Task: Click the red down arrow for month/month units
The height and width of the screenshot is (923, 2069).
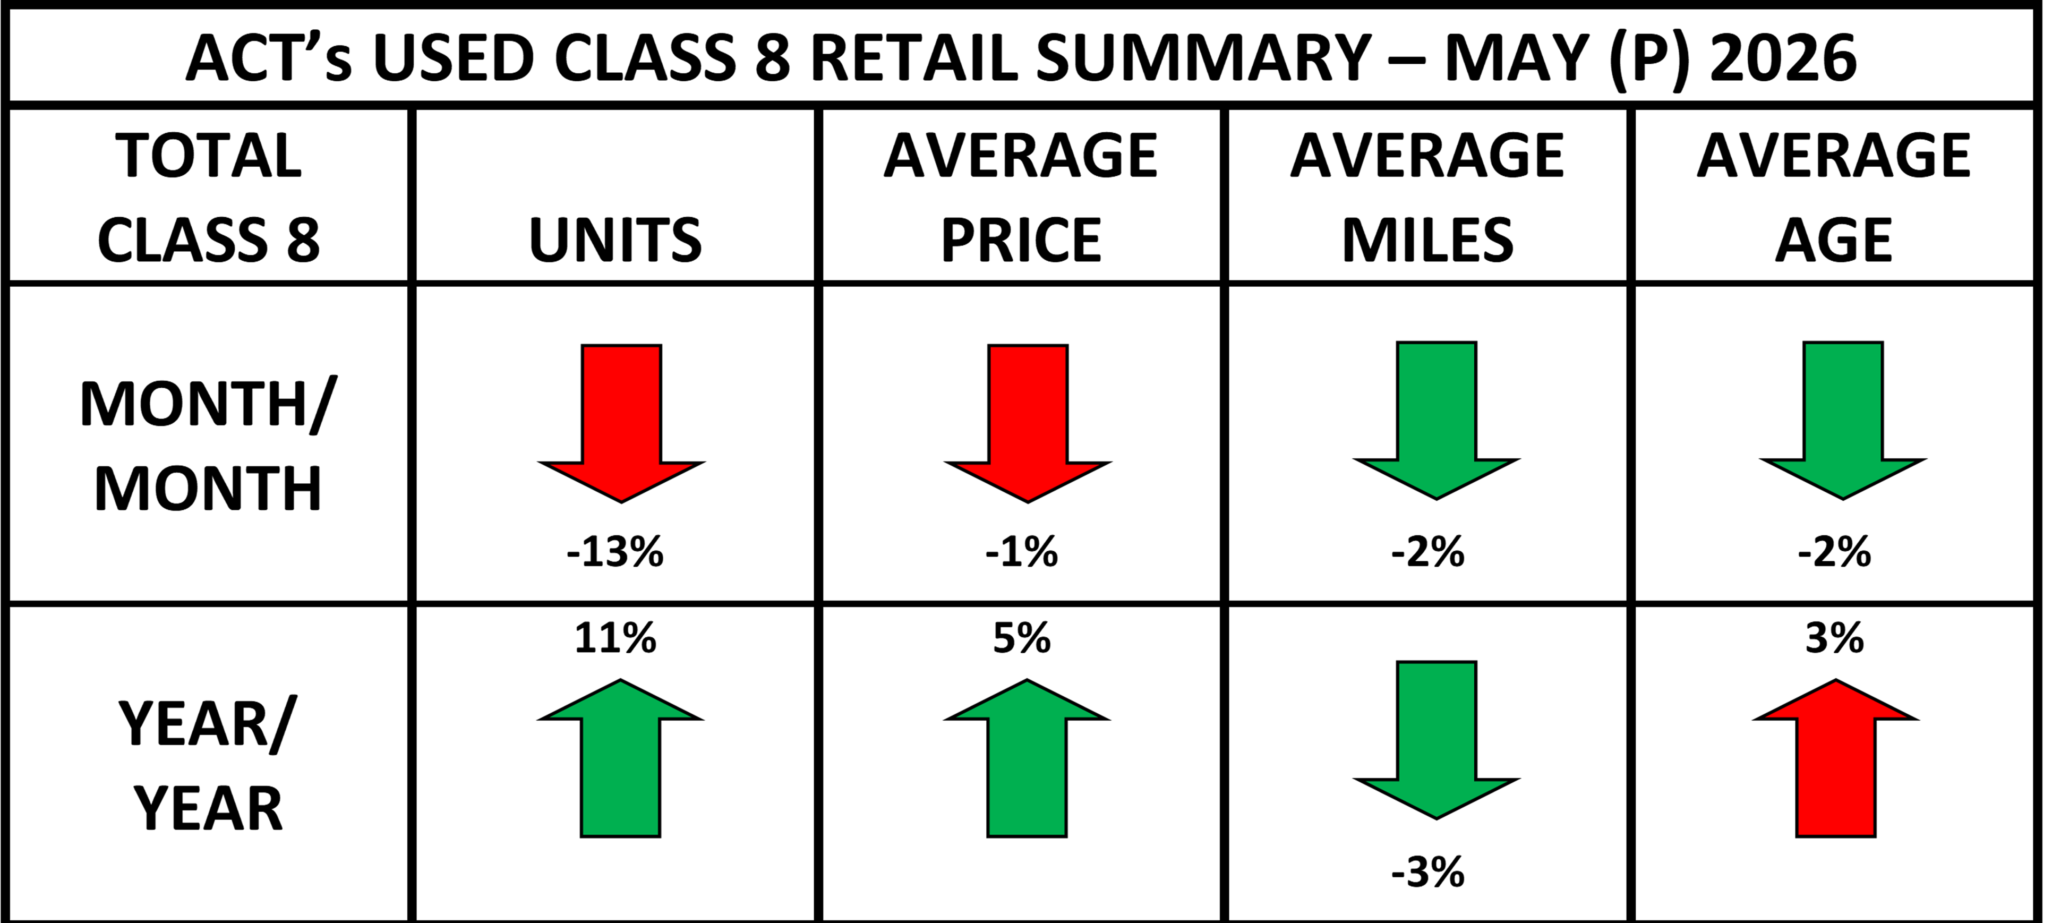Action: pos(621,423)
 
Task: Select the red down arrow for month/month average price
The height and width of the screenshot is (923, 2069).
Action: pos(1027,423)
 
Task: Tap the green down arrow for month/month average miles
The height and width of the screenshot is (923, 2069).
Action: pos(1436,420)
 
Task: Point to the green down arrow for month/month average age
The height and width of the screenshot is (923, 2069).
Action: pos(1842,420)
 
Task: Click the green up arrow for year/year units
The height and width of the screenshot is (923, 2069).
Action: pos(620,758)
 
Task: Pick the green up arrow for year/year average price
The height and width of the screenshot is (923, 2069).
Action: pos(1027,758)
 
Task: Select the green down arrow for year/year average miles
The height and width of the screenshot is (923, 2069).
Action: pos(1436,740)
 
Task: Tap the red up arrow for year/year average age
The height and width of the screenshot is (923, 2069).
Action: pos(1835,758)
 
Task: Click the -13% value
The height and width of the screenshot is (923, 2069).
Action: pos(615,552)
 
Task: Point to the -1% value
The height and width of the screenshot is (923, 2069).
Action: pos(1022,552)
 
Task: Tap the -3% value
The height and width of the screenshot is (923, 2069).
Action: pos(1428,873)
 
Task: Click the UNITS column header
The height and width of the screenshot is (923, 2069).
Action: pos(615,240)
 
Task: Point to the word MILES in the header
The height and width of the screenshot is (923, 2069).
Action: pos(1427,240)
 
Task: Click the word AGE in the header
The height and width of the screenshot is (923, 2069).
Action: pos(1834,240)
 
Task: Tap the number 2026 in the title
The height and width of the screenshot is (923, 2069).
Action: pos(1783,58)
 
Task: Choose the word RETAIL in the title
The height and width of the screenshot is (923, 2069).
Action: pos(914,58)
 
